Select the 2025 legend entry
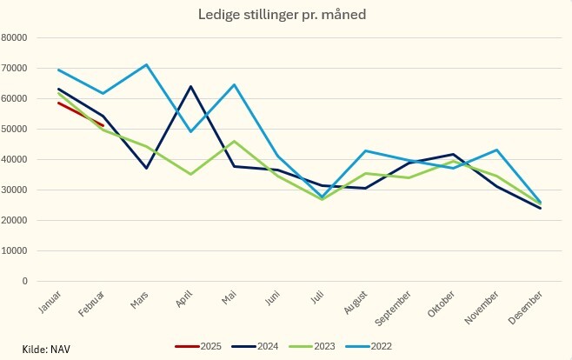click(208, 346)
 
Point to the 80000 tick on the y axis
click(16, 37)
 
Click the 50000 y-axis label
click(16, 129)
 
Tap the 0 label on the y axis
click(25, 281)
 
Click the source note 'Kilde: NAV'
click(46, 349)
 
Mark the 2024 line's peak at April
click(190, 86)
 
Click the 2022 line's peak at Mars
click(146, 64)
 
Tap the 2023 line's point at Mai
click(234, 141)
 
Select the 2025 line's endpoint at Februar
click(103, 125)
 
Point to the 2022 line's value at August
click(366, 150)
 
